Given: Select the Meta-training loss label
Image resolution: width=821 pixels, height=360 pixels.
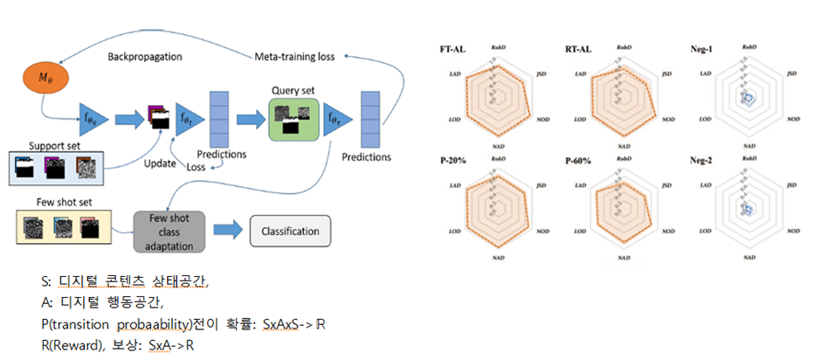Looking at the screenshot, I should click(x=294, y=58).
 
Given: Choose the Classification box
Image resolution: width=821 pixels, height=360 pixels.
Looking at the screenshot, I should click(x=290, y=232).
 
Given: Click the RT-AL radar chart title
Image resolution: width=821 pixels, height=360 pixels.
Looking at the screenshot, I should click(x=577, y=49).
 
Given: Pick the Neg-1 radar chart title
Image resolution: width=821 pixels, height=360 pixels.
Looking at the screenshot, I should click(x=703, y=49).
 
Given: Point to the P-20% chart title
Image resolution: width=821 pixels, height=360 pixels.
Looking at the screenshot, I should click(x=452, y=161).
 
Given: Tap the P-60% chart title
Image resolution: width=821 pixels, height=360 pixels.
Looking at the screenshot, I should click(x=579, y=161).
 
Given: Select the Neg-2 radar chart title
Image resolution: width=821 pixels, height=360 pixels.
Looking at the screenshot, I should click(x=703, y=161).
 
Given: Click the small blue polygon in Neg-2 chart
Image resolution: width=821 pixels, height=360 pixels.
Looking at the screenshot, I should click(x=747, y=209).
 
